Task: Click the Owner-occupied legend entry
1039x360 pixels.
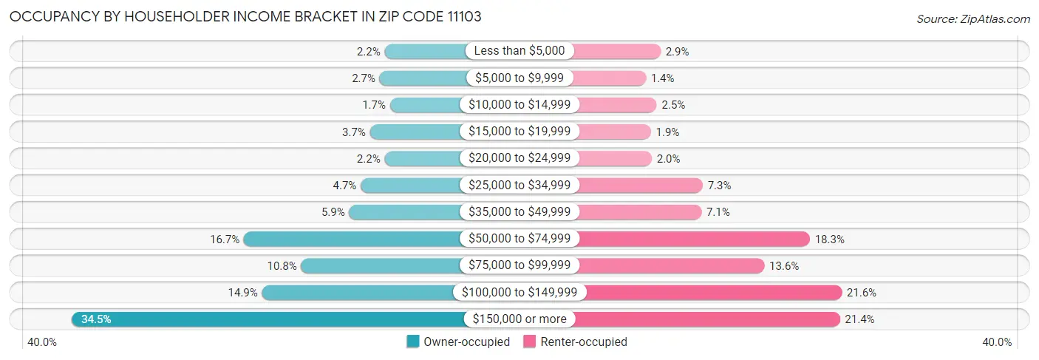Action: coord(458,342)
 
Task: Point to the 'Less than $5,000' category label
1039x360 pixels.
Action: coord(519,51)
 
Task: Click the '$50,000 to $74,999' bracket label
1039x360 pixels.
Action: coord(519,239)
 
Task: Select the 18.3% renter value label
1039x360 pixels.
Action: coord(830,240)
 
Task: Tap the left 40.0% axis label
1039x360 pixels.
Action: coord(42,342)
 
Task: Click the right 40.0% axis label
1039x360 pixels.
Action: coord(997,342)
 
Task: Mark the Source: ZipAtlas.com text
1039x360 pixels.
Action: coord(973,18)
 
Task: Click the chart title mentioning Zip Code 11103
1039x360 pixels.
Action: coord(245,17)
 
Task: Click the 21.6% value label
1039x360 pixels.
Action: coord(862,293)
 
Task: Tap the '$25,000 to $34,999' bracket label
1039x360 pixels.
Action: coord(519,186)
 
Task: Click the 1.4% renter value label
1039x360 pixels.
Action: coord(662,78)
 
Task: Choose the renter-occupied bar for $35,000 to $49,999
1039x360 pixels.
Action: coord(638,212)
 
